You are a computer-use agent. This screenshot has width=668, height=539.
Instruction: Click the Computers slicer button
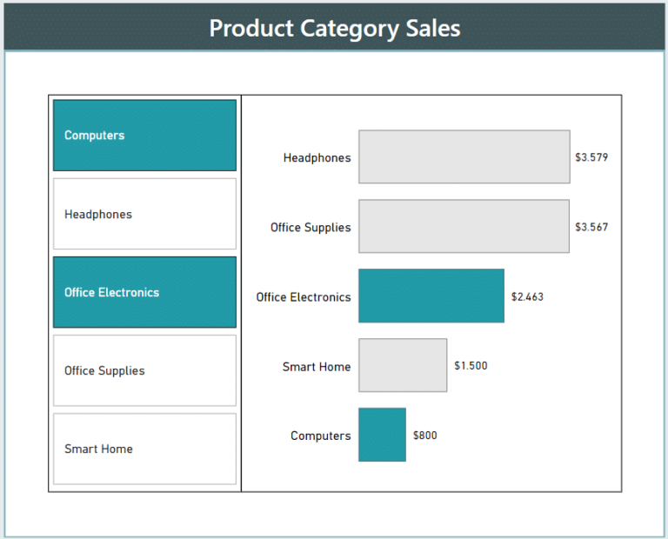pyautogui.click(x=144, y=136)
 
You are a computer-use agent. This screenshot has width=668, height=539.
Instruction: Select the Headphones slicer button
pyautogui.click(x=144, y=214)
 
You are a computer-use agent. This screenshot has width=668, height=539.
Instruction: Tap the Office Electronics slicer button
pyautogui.click(x=144, y=292)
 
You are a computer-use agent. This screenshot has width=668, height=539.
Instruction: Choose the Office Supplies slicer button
pyautogui.click(x=144, y=370)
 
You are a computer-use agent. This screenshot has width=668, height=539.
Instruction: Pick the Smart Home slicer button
pyautogui.click(x=144, y=449)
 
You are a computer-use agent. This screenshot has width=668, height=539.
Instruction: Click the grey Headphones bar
pyautogui.click(x=464, y=157)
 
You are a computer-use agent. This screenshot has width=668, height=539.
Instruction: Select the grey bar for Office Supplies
pyautogui.click(x=464, y=227)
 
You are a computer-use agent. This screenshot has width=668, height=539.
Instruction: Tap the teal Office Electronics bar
pyautogui.click(x=431, y=296)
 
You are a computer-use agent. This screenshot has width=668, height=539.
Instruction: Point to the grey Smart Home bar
pyautogui.click(x=403, y=366)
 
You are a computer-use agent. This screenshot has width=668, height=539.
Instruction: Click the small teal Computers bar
pyautogui.click(x=382, y=436)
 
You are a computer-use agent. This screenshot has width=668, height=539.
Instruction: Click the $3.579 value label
pyautogui.click(x=591, y=158)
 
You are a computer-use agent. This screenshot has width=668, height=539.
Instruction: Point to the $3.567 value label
pyautogui.click(x=591, y=228)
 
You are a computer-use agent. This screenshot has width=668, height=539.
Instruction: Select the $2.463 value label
pyautogui.click(x=527, y=297)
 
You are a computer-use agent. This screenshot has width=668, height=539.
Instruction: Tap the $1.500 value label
pyautogui.click(x=471, y=366)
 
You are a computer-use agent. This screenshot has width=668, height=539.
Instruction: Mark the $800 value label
pyautogui.click(x=425, y=436)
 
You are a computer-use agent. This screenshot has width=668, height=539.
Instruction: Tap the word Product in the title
pyautogui.click(x=251, y=28)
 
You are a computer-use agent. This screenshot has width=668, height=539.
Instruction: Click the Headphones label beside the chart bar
pyautogui.click(x=317, y=158)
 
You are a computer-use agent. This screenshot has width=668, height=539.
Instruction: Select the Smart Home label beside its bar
pyautogui.click(x=317, y=367)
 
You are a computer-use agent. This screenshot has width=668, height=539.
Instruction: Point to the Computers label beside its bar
pyautogui.click(x=320, y=436)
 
